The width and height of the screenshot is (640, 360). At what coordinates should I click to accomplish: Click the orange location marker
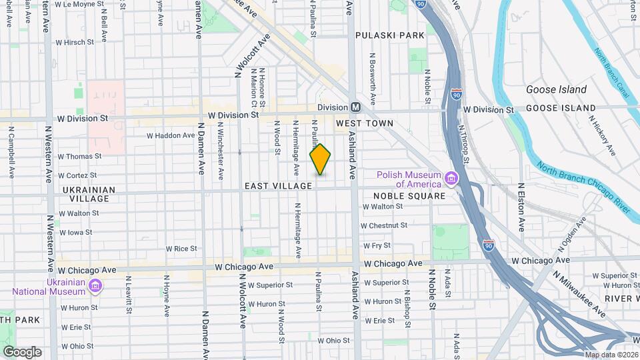(x=320, y=160)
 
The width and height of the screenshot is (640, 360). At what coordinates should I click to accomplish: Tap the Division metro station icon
(x=356, y=107)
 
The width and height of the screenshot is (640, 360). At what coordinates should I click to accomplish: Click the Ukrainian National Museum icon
(x=96, y=285)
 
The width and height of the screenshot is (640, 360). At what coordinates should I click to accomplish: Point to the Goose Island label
(x=556, y=90)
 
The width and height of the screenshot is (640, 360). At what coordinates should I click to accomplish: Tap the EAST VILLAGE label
(x=278, y=186)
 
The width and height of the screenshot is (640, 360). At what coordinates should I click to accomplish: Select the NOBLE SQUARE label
(x=409, y=196)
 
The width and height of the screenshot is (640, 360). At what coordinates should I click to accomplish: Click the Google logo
(x=22, y=352)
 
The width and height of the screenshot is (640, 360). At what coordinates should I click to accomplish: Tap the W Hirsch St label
(x=78, y=42)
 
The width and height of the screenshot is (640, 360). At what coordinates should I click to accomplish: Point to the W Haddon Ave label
(x=171, y=135)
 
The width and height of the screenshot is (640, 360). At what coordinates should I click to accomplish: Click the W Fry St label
(x=377, y=245)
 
